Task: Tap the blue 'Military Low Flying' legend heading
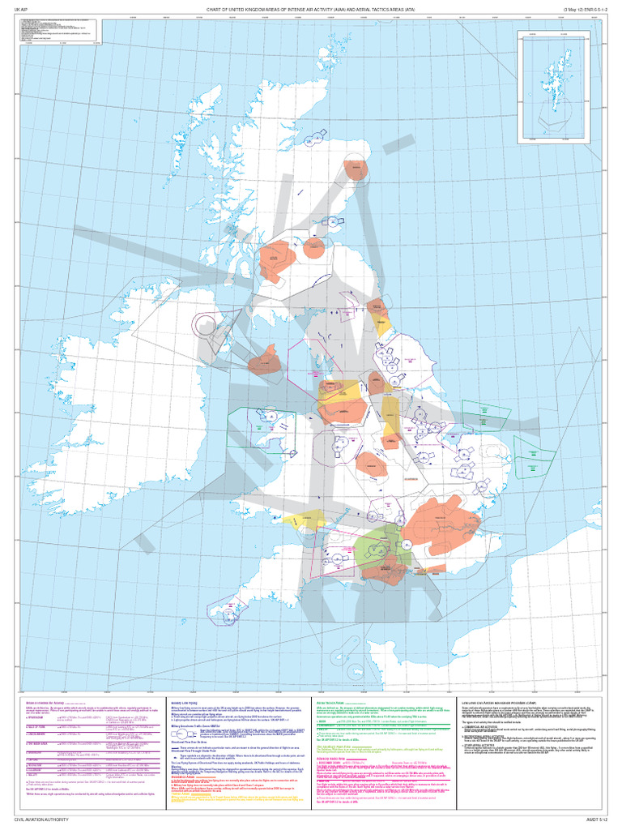(x=185, y=701)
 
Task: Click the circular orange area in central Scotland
(x=313, y=248)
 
